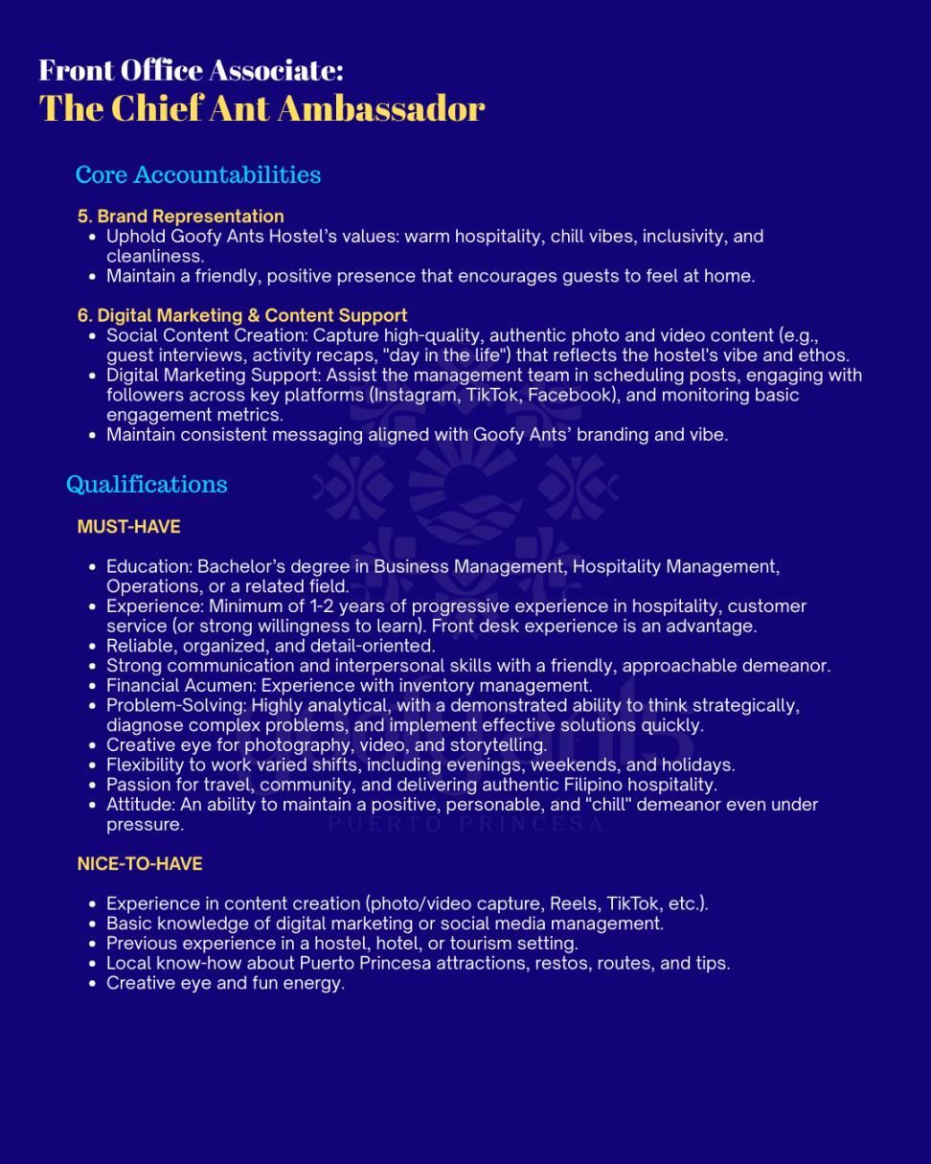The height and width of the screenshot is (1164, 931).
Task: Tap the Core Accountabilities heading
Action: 197,174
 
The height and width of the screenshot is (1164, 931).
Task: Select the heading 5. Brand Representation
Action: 181,216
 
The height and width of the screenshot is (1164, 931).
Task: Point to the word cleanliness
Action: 153,256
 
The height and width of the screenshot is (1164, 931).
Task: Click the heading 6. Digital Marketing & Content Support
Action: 242,315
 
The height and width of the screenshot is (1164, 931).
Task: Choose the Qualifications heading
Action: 147,484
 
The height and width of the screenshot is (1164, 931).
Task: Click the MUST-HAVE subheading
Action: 128,526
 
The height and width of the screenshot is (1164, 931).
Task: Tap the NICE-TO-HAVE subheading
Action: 140,863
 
